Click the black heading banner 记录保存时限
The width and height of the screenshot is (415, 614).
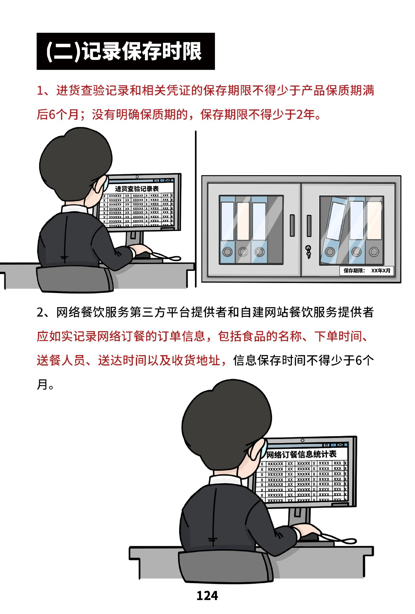click(x=125, y=51)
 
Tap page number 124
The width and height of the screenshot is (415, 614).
click(x=207, y=596)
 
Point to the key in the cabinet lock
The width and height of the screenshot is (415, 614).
click(x=308, y=252)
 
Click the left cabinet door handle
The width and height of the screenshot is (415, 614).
click(x=292, y=225)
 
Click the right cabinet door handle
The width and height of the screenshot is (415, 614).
click(x=309, y=225)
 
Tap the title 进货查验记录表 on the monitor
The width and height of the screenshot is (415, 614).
click(x=137, y=189)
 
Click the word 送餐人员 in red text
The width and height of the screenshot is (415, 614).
click(x=61, y=360)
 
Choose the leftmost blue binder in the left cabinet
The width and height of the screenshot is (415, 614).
click(x=227, y=230)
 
